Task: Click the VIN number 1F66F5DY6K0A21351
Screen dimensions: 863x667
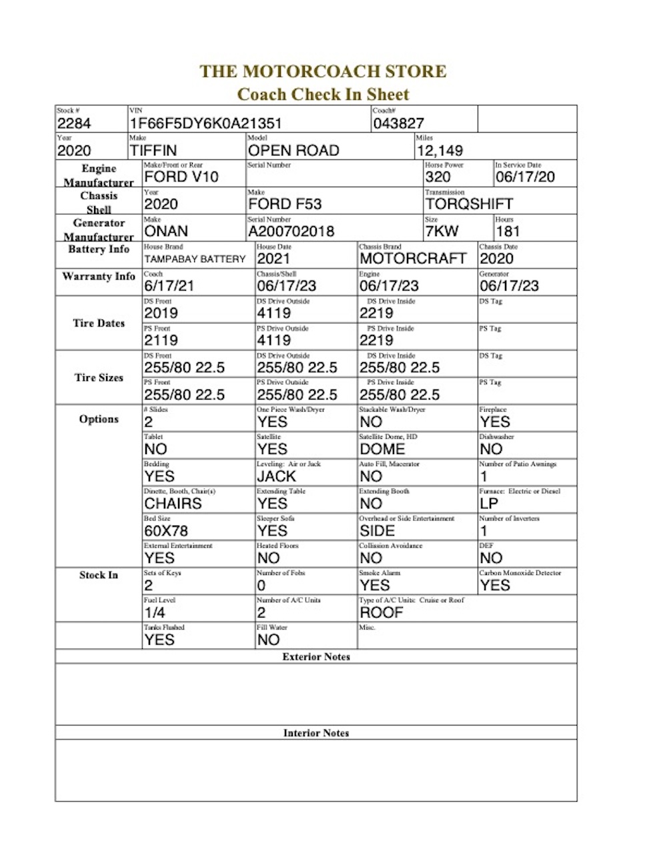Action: [205, 123]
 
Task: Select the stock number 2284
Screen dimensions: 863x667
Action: [74, 123]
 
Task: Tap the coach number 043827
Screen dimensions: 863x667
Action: [398, 123]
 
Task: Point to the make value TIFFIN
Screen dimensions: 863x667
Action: [153, 151]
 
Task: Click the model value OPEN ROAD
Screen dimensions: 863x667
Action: [293, 151]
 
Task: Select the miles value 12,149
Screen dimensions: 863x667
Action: [440, 151]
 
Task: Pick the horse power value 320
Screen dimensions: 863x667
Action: [438, 177]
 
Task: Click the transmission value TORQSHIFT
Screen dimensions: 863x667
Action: [469, 204]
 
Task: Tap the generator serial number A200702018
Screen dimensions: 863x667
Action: [291, 231]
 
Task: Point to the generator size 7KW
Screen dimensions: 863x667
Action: [442, 231]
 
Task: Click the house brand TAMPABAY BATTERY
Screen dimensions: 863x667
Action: [195, 259]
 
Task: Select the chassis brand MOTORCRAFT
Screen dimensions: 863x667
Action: [413, 259]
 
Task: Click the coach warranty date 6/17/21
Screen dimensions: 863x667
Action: [169, 286]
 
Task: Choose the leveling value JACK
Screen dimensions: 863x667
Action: [276, 476]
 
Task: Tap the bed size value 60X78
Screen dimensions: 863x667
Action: [166, 531]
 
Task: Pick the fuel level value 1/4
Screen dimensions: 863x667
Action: [155, 612]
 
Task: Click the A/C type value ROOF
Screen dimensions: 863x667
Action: [382, 612]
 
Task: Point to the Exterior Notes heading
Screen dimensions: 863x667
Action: [316, 657]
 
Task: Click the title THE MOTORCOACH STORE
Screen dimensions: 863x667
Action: [323, 71]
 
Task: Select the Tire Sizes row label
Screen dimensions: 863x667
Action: [99, 377]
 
